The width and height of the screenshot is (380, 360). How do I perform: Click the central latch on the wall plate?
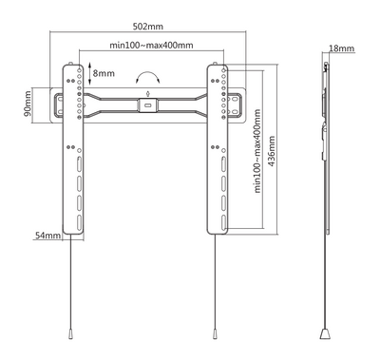146,105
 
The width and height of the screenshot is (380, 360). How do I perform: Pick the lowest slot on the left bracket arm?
74,213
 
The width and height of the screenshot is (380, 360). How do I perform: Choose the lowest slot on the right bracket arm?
218,213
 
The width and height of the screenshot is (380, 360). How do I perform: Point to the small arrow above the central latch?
146,93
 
